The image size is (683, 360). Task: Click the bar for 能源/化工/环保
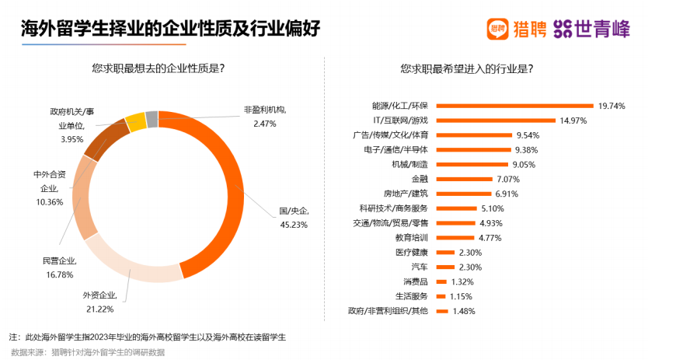(x=513, y=106)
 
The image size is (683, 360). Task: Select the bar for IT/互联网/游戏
(x=493, y=121)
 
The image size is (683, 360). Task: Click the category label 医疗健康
(x=413, y=252)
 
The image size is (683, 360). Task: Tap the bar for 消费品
(x=440, y=281)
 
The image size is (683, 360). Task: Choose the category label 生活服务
(x=413, y=296)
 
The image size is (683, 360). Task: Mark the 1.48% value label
(x=463, y=311)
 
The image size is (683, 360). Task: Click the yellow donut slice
(x=135, y=121)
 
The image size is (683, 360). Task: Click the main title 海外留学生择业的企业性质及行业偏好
(x=170, y=29)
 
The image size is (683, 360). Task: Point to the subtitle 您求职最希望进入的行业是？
(x=467, y=68)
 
